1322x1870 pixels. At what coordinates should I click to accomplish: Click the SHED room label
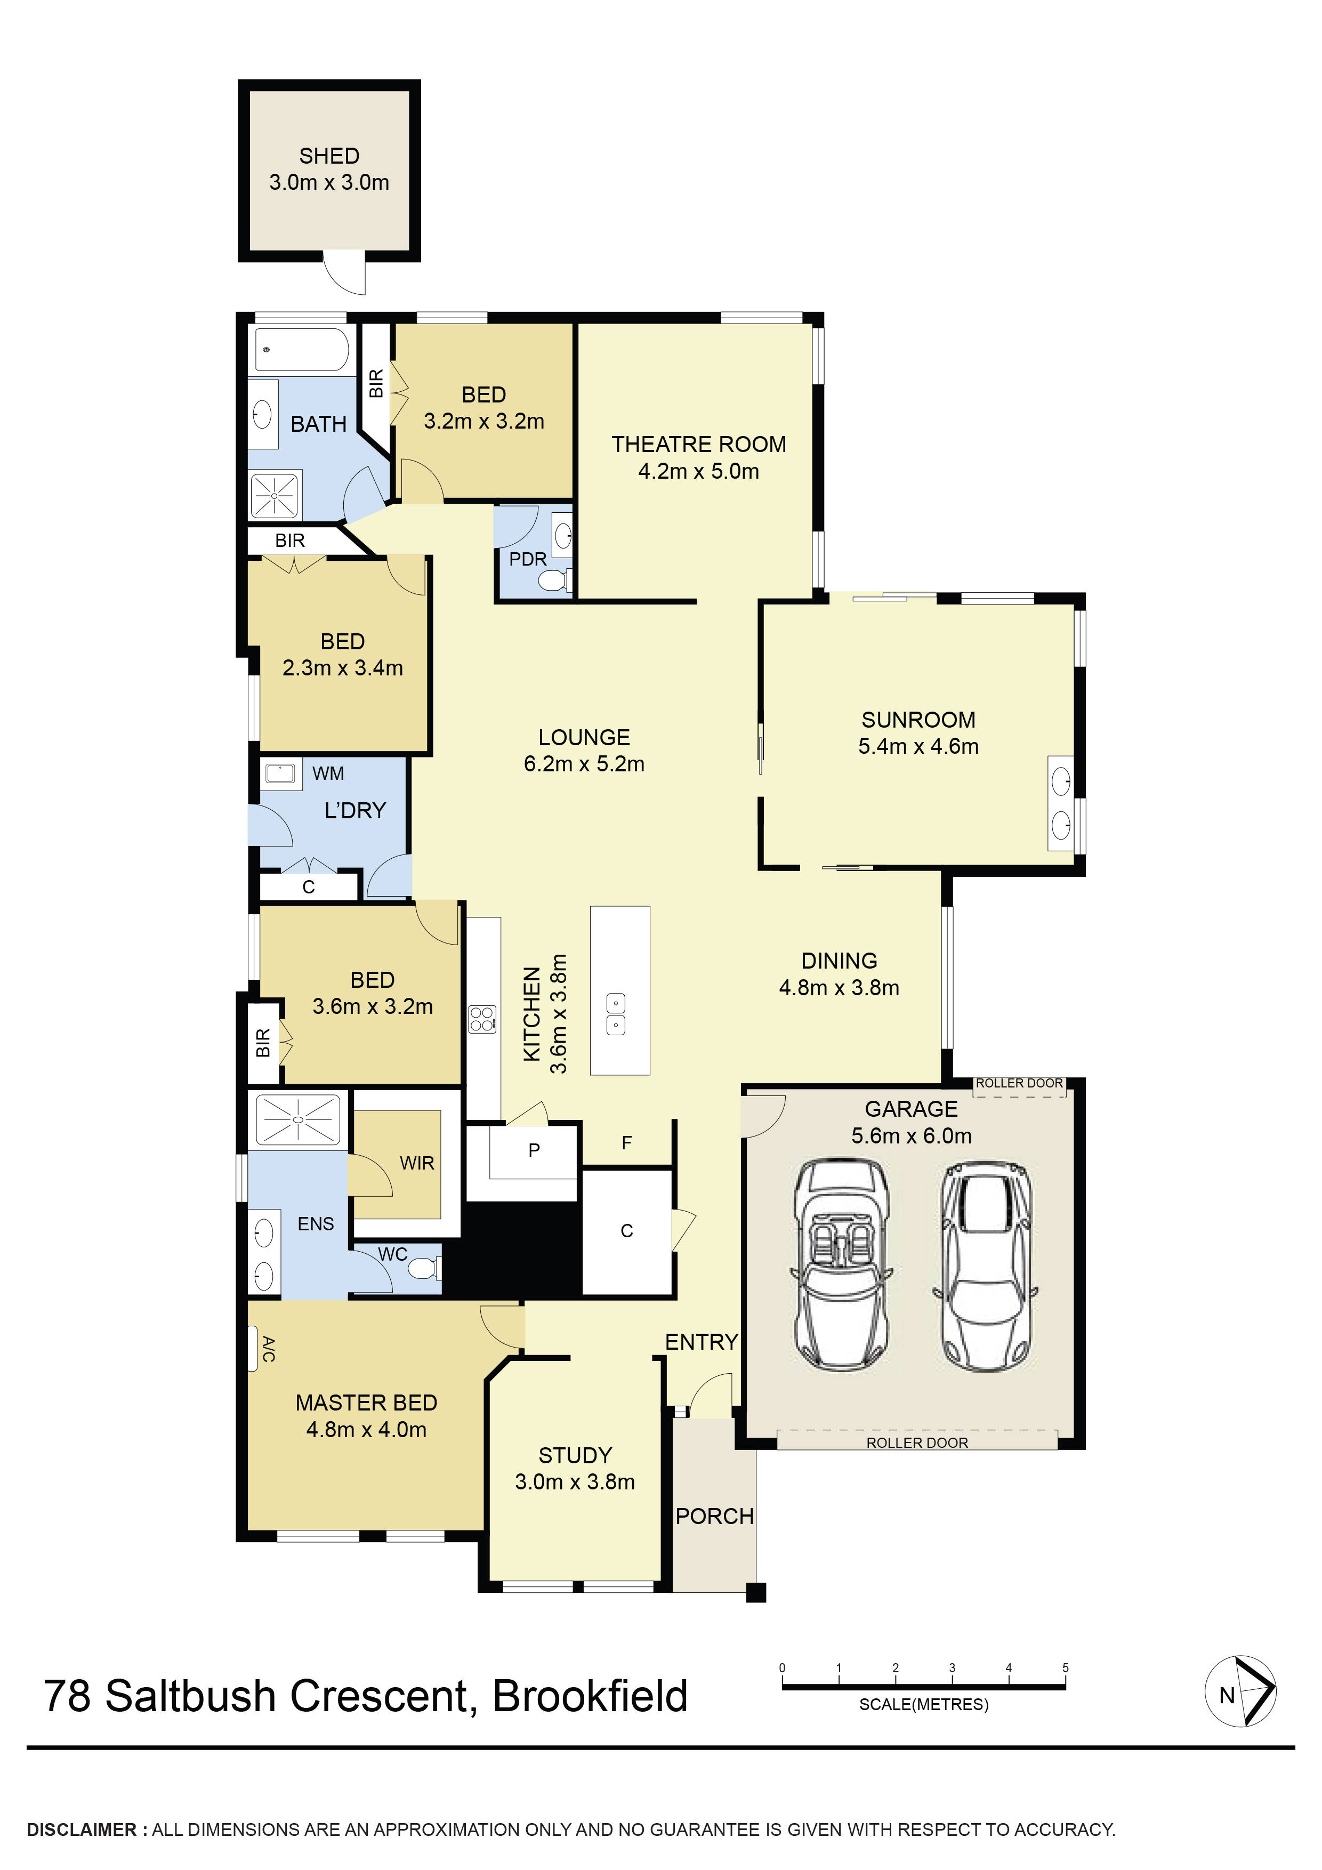point(329,156)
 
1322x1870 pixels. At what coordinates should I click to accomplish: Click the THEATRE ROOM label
point(699,444)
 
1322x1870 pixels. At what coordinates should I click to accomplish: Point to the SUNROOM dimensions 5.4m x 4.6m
point(918,746)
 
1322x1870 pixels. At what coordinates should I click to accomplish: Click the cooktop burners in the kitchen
point(482,1019)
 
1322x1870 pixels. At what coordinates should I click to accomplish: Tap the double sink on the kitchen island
point(617,1014)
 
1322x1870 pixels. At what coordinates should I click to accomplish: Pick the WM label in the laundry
point(328,773)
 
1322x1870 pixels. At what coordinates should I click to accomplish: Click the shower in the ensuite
point(297,1120)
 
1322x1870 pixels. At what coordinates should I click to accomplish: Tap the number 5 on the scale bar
point(1066,1667)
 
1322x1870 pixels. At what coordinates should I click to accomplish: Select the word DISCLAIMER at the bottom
point(82,1829)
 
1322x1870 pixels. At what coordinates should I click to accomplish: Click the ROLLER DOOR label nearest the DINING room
point(1019,1083)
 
